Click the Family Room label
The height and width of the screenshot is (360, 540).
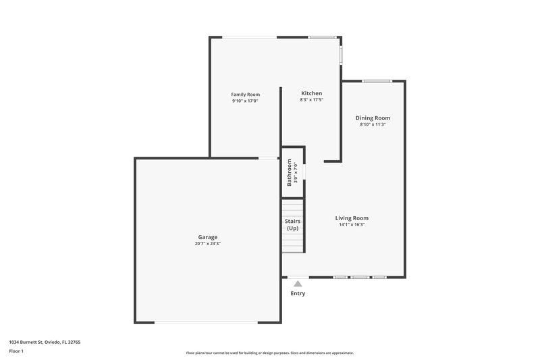[x=245, y=95]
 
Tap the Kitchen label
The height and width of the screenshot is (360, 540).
[x=311, y=93]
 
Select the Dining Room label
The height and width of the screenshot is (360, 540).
[x=373, y=118]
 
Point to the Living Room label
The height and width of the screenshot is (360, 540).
[x=352, y=218]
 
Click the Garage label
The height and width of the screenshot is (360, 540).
[x=207, y=237]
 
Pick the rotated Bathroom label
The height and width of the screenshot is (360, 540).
[x=290, y=172]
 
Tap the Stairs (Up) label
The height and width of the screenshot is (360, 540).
[x=292, y=225]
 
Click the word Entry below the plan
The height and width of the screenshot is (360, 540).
[x=298, y=293]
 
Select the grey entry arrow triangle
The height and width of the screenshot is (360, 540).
[x=298, y=284]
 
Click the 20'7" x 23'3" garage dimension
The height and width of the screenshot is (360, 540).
[x=207, y=243]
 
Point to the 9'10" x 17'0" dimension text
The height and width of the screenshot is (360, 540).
[x=245, y=101]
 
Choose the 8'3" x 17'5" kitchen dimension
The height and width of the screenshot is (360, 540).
[x=311, y=100]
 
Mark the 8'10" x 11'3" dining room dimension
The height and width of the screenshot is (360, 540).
[x=373, y=124]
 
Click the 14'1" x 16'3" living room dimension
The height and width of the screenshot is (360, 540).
[x=352, y=224]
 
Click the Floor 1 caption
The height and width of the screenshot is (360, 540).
[x=16, y=352]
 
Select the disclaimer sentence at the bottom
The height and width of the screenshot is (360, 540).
[x=270, y=353]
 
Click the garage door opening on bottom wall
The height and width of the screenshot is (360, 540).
[x=206, y=323]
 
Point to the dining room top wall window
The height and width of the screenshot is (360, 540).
[x=377, y=82]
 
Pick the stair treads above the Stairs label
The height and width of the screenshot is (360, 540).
[x=292, y=207]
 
